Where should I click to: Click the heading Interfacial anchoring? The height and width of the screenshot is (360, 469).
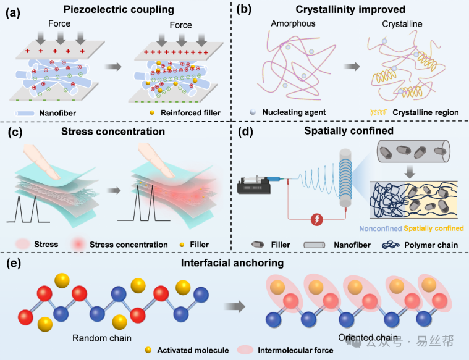(x=234, y=263)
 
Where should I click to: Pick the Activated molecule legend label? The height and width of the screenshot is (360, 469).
(x=192, y=350)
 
